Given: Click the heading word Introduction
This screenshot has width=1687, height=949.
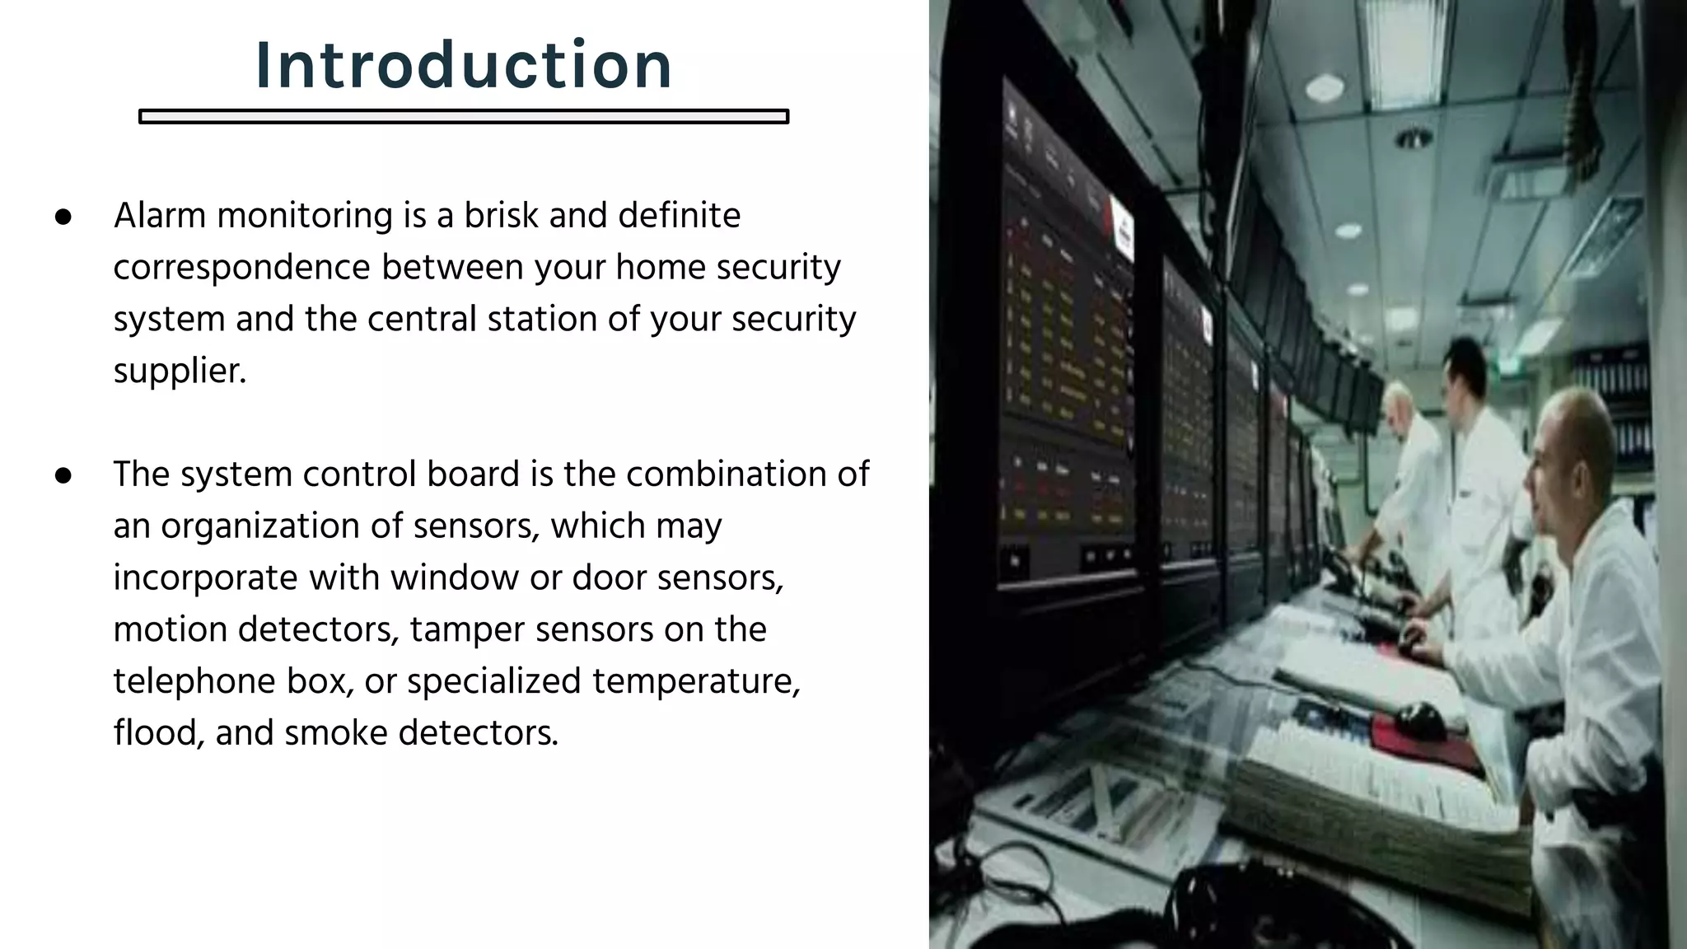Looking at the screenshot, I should [464, 65].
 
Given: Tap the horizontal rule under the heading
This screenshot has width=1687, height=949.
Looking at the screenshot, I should [464, 117].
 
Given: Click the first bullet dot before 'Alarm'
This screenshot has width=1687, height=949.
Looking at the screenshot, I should [63, 217].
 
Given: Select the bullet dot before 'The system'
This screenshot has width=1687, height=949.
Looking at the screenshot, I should [63, 475].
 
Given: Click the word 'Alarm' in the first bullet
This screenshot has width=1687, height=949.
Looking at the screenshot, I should [160, 216].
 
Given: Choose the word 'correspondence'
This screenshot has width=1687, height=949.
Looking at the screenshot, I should [241, 269].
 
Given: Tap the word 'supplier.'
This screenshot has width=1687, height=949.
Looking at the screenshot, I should [180, 372].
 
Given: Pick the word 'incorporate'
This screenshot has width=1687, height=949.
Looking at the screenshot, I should [205, 578].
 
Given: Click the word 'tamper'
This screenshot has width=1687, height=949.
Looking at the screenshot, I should [466, 630].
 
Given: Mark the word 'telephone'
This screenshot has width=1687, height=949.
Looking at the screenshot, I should [194, 682].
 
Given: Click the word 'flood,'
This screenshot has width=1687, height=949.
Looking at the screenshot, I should [158, 733].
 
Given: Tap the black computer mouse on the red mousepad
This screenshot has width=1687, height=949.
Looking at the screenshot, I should [1418, 718].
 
